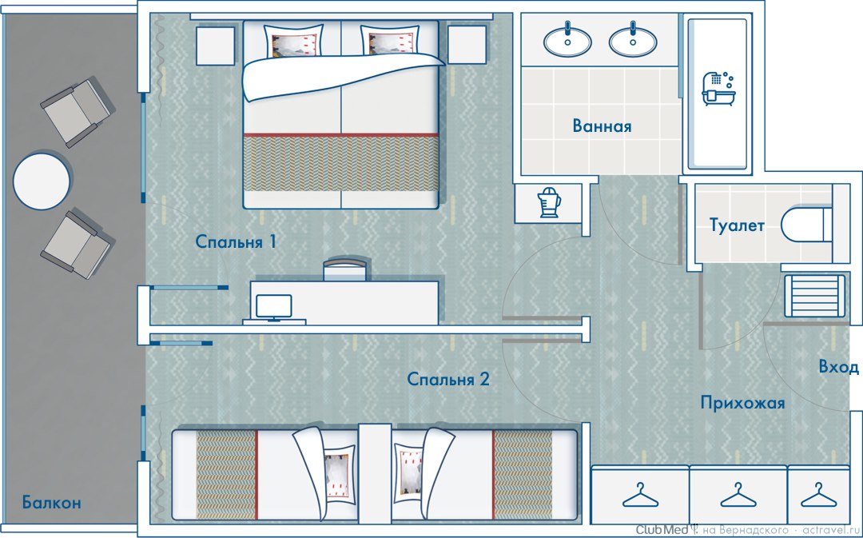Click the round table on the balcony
pyautogui.click(x=42, y=181)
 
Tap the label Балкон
pyautogui.click(x=52, y=502)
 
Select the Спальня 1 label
pyautogui.click(x=236, y=241)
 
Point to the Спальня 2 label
pyautogui.click(x=448, y=379)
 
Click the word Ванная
pyautogui.click(x=602, y=126)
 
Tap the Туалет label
pyautogui.click(x=737, y=225)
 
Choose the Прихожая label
pyautogui.click(x=742, y=403)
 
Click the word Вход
pyautogui.click(x=839, y=367)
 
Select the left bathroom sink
pyautogui.click(x=567, y=41)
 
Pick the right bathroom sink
pyautogui.click(x=633, y=41)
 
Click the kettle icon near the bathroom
pyautogui.click(x=549, y=202)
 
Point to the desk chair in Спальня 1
pyautogui.click(x=344, y=269)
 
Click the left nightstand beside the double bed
pyautogui.click(x=216, y=46)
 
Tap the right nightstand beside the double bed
pyautogui.click(x=467, y=45)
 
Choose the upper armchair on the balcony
pyautogui.click(x=78, y=113)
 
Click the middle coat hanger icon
pyautogui.click(x=738, y=495)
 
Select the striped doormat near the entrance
pyautogui.click(x=814, y=296)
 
